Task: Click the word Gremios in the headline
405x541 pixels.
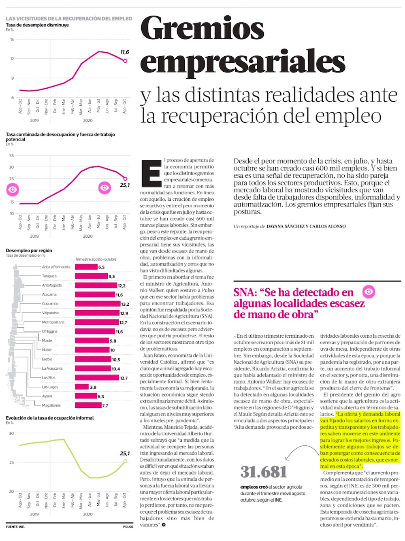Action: [202, 29]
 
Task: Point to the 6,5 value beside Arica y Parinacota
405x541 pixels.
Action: [101, 267]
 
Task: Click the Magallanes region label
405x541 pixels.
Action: [51, 405]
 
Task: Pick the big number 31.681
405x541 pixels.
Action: [264, 472]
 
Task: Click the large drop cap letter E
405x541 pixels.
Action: [151, 174]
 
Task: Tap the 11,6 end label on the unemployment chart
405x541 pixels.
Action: [125, 52]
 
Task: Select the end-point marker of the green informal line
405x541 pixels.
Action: [125, 461]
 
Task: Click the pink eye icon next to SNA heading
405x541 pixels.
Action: [369, 291]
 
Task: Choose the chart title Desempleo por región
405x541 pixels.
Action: [29, 251]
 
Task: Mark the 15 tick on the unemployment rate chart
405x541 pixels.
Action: [12, 40]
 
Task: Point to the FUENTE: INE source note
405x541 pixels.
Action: [15, 527]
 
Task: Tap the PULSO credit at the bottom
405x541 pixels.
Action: [128, 527]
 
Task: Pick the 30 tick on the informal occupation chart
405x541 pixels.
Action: [11, 433]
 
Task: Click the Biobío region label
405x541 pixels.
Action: [47, 359]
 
